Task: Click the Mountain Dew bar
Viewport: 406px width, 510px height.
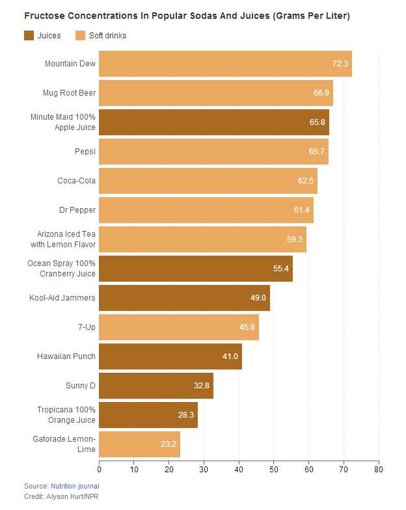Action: (225, 64)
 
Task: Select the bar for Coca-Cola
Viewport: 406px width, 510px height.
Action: (208, 180)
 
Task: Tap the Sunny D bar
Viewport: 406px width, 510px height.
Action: (156, 386)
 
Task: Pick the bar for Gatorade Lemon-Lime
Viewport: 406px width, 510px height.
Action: (139, 444)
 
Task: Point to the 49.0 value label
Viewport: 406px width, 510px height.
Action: (259, 298)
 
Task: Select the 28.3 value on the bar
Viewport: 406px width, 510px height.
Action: (187, 415)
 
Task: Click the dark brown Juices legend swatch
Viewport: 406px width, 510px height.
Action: (29, 35)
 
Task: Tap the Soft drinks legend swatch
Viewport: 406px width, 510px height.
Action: (81, 35)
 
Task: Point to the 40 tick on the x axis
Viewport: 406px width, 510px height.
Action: (239, 468)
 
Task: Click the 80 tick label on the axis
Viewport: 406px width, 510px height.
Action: (378, 468)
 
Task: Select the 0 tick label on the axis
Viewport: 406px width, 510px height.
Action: (100, 468)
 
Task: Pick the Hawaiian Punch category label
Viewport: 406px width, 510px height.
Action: (67, 356)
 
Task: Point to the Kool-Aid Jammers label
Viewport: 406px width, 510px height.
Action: (62, 298)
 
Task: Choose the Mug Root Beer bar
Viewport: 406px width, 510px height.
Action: (216, 93)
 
